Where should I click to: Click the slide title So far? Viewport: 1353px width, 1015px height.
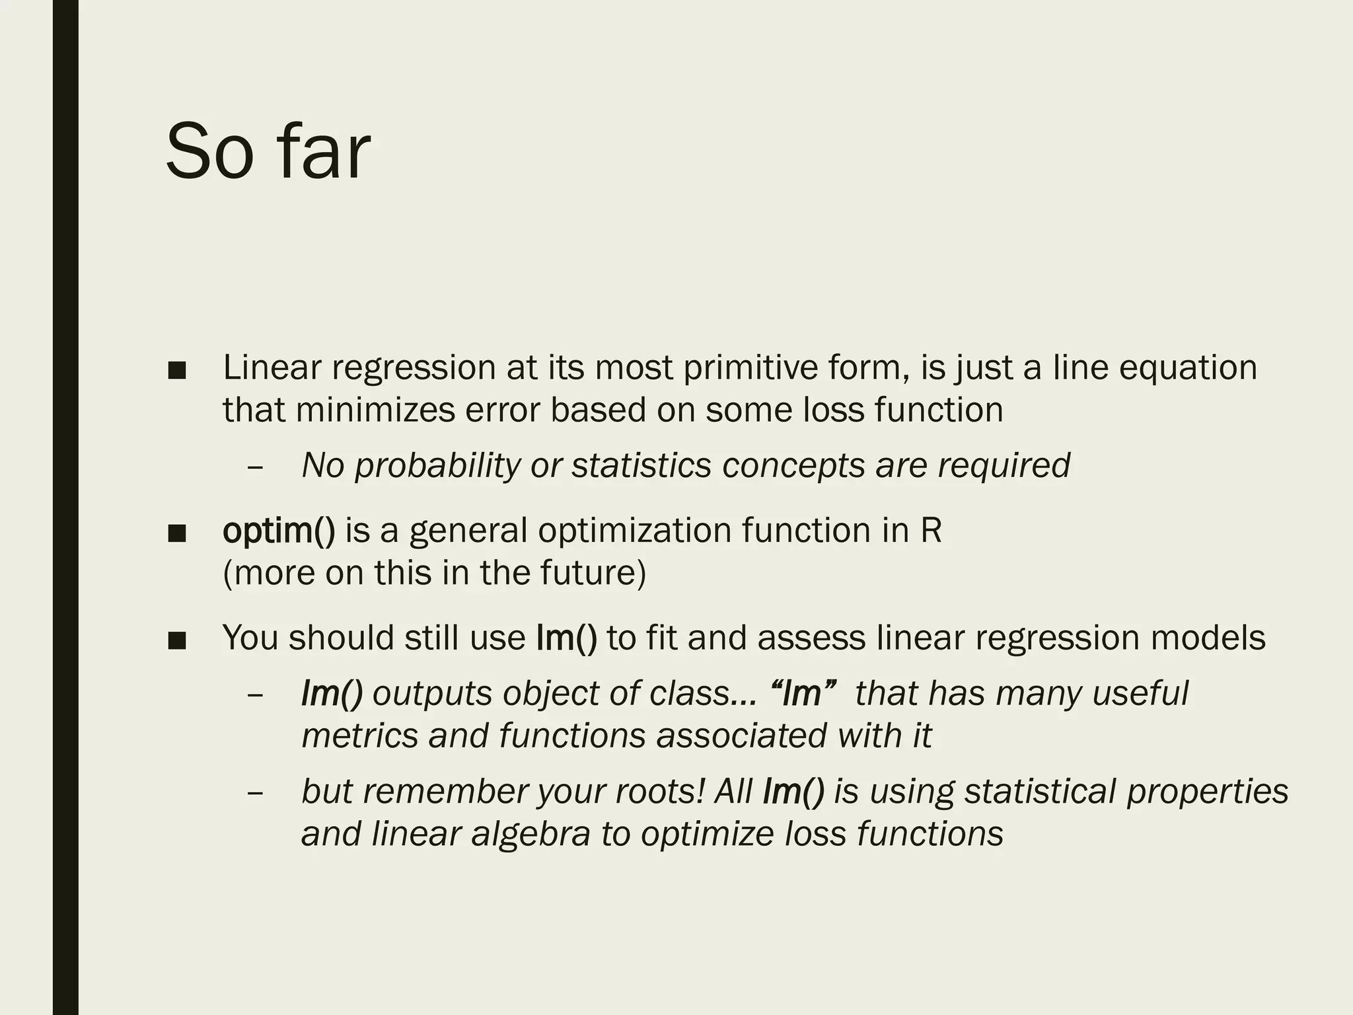[x=268, y=152]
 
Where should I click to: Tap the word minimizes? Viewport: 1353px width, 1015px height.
[x=375, y=410]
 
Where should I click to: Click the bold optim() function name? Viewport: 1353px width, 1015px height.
[x=279, y=531]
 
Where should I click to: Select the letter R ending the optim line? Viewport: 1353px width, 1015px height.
[x=931, y=531]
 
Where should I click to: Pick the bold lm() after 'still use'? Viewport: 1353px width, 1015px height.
[x=567, y=638]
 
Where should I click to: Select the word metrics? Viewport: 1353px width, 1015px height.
[x=359, y=735]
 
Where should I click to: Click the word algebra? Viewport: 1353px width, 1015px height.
[x=530, y=834]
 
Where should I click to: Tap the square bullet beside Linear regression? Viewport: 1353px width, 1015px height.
[x=177, y=370]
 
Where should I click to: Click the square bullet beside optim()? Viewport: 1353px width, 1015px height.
[x=177, y=533]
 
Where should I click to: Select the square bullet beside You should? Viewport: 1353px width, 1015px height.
[x=177, y=640]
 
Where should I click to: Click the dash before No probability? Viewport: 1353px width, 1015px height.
[x=255, y=467]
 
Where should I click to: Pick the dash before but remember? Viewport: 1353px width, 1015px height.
[x=255, y=793]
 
